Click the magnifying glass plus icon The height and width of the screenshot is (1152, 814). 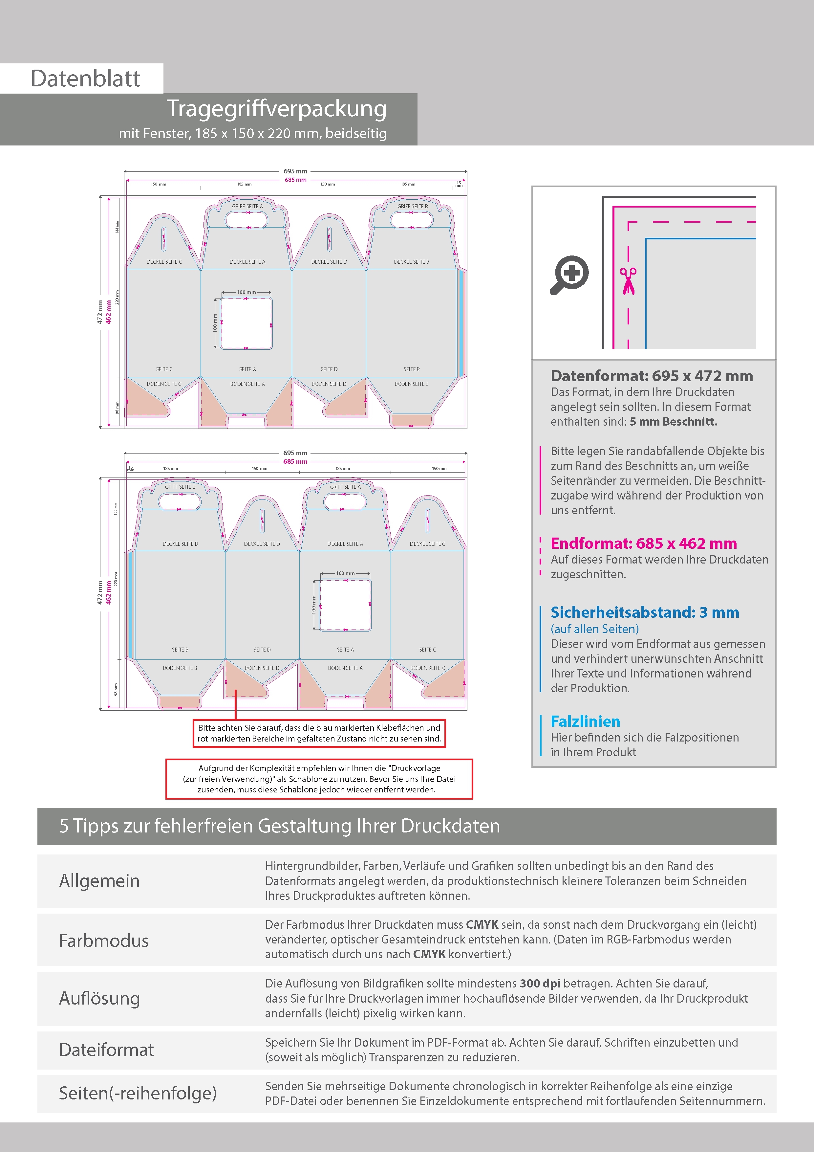click(x=570, y=275)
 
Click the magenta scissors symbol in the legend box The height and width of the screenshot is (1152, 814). click(x=628, y=281)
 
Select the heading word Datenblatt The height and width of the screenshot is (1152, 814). click(x=85, y=79)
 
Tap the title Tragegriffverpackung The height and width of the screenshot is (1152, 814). click(x=276, y=109)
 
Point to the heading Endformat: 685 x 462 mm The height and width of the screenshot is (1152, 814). click(x=643, y=543)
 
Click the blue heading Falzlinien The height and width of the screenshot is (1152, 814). click(x=585, y=721)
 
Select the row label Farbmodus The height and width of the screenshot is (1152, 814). click(x=104, y=941)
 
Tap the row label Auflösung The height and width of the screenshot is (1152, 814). click(x=99, y=998)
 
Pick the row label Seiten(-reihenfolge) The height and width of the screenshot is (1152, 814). click(x=138, y=1093)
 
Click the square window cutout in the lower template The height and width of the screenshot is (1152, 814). click(x=345, y=605)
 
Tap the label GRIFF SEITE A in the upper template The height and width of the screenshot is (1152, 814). click(x=247, y=206)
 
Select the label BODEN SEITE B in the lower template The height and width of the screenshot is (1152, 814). click(x=180, y=668)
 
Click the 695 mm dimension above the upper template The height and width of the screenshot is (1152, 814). click(x=295, y=171)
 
